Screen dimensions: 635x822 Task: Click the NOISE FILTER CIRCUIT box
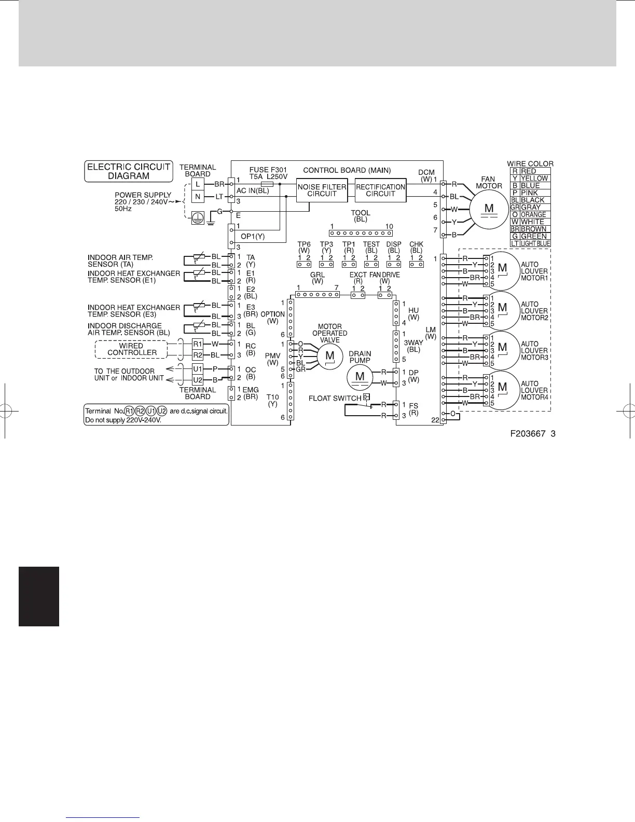322,190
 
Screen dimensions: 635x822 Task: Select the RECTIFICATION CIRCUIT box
380,190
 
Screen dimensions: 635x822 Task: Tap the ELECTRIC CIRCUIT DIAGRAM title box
129,171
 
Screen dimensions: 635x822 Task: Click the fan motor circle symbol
489,209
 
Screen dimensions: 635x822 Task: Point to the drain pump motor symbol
360,377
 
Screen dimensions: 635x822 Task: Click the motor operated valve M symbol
329,356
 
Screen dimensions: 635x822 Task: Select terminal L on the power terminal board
198,184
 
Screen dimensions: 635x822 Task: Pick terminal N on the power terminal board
198,197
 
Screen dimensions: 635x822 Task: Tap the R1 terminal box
198,344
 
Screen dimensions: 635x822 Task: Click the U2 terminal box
198,380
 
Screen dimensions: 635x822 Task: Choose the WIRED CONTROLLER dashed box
132,349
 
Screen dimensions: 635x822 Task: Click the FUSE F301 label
268,170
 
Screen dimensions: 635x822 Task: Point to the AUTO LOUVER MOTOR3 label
534,350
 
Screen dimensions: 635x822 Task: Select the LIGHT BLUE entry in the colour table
535,243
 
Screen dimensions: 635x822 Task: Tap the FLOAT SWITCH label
335,398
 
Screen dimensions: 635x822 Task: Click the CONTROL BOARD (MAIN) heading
347,170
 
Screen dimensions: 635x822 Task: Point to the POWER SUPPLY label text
143,195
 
